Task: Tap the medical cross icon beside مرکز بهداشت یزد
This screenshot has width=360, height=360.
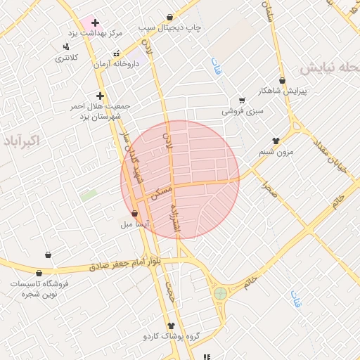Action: [x=95, y=22]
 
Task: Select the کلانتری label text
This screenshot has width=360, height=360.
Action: [x=68, y=58]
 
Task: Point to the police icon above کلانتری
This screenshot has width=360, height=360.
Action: [x=66, y=47]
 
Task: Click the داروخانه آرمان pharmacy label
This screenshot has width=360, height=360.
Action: [x=117, y=64]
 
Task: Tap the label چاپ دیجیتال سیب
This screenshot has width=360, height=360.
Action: [x=169, y=27]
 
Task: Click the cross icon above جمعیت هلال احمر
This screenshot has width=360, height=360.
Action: [x=100, y=96]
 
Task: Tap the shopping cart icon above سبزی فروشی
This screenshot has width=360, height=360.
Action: [x=242, y=101]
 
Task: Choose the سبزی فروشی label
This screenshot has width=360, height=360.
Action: [x=243, y=111]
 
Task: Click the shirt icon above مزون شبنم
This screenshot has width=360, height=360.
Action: [x=276, y=141]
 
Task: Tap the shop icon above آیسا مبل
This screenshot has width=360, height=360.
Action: [x=135, y=212]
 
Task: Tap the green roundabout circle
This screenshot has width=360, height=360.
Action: [x=221, y=292]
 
